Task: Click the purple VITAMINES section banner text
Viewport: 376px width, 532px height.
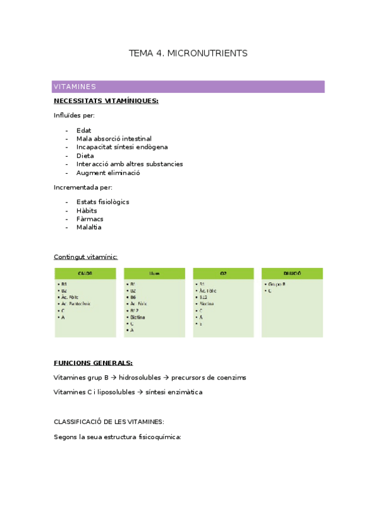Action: (75, 87)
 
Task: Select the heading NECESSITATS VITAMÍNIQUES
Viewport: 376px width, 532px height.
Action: (106, 100)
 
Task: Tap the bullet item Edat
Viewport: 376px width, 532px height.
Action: (83, 130)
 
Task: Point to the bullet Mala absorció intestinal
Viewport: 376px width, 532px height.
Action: (114, 139)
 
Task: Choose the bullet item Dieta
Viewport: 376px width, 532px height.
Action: (85, 156)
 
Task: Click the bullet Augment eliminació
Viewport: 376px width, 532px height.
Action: (108, 173)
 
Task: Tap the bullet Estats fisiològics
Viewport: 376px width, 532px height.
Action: (102, 202)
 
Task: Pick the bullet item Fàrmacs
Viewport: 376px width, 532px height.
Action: (90, 219)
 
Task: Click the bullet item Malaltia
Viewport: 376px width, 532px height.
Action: (89, 227)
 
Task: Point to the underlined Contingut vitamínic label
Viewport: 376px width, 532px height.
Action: (85, 257)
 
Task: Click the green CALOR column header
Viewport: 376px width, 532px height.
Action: (85, 274)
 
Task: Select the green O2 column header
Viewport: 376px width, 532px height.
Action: (223, 274)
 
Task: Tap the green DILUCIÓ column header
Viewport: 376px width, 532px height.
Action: (292, 274)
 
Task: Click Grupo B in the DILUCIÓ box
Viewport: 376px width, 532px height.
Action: (277, 284)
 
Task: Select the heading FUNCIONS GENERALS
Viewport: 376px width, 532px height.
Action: (93, 363)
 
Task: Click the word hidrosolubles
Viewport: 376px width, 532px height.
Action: (139, 378)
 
